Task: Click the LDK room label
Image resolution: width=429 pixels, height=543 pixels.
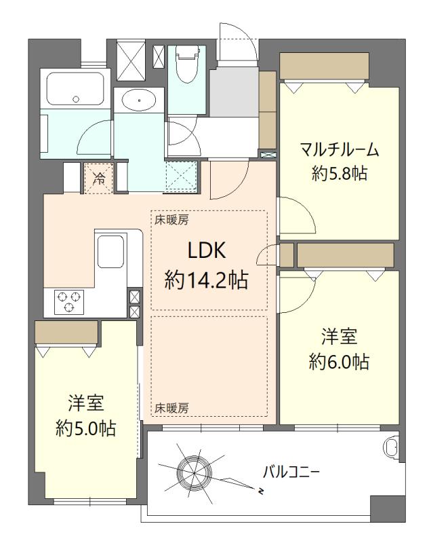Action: coord(207,250)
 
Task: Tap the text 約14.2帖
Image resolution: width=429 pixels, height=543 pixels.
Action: coord(207,280)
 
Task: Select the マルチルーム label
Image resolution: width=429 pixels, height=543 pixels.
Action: coord(340,150)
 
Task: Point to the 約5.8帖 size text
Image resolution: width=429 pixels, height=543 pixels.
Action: coord(339,173)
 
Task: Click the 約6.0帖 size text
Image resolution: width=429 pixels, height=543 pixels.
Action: coord(339,362)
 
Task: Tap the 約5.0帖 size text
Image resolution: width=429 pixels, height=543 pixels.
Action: coord(85,429)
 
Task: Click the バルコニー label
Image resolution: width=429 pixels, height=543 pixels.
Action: coord(291,472)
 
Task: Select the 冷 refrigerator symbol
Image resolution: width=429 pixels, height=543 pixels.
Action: coord(99,178)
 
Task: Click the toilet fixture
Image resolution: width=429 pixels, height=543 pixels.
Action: coord(188,64)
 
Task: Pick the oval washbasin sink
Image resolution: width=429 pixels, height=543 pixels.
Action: coord(139,100)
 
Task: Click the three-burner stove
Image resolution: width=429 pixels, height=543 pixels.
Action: coord(69,302)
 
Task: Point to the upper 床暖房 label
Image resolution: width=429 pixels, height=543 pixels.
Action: coord(171,219)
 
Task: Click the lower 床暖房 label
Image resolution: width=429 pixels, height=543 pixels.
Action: coord(171,409)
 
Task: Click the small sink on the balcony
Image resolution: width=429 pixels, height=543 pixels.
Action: coord(392,447)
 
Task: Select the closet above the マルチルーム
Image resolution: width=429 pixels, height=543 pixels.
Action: coord(324,66)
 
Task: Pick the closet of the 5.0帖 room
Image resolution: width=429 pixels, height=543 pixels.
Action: coord(66,333)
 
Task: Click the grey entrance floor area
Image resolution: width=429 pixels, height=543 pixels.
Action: coord(234,92)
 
